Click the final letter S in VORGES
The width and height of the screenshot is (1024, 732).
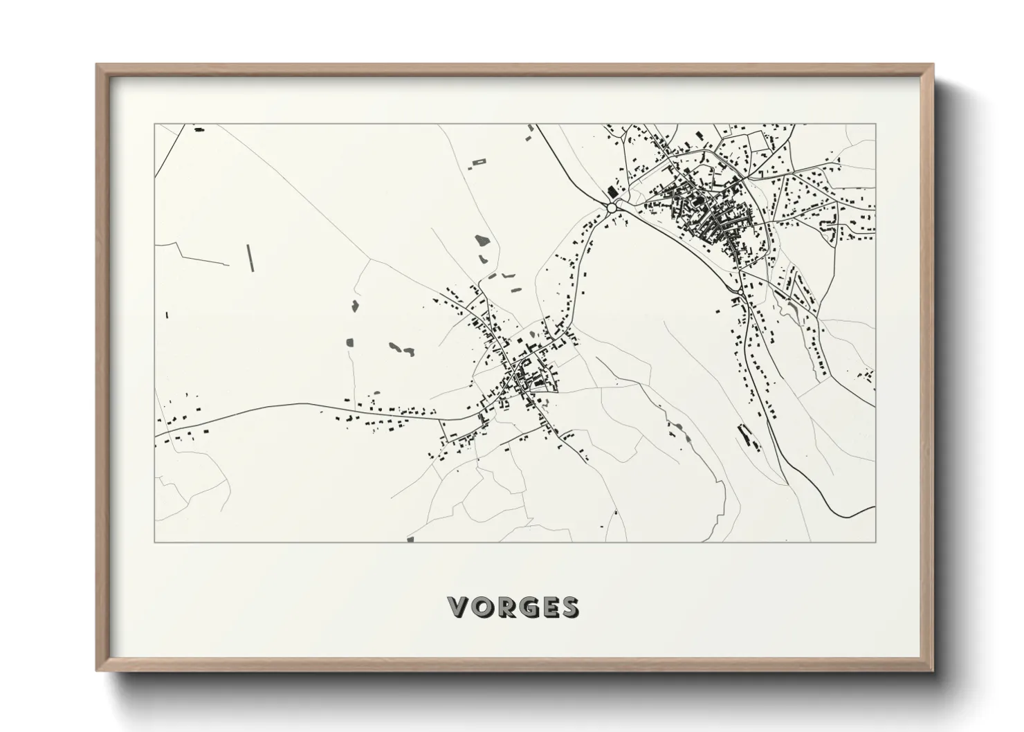[x=571, y=607]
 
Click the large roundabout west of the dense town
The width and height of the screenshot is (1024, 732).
[x=612, y=208]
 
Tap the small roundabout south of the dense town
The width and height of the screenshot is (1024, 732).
[x=742, y=293]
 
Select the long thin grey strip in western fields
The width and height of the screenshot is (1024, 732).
[x=250, y=257]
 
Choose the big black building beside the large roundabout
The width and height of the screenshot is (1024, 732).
[x=612, y=191]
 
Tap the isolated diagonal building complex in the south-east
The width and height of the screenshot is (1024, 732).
[x=746, y=435]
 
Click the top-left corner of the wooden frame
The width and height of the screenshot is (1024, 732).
[x=98, y=66]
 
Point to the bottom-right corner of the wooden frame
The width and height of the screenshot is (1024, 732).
[x=932, y=670]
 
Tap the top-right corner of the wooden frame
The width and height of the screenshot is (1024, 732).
[x=932, y=66]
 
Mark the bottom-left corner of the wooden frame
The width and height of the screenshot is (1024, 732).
[x=98, y=670]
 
